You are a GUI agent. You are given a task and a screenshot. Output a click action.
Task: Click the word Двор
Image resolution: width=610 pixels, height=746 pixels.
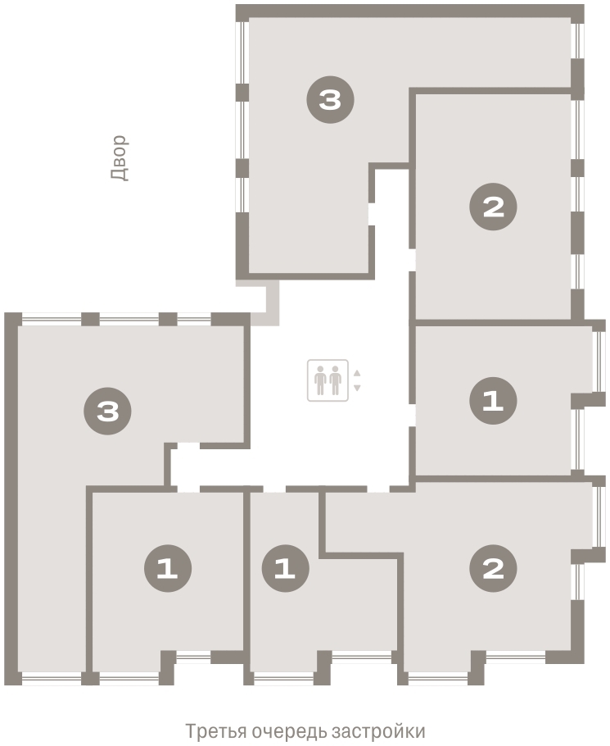119,158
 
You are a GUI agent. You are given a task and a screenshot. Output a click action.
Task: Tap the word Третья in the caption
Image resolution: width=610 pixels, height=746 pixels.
215,730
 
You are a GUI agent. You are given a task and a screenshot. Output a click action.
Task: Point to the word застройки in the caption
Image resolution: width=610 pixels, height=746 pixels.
378,730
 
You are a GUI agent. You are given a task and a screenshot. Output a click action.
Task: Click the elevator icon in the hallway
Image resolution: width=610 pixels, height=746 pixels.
328,380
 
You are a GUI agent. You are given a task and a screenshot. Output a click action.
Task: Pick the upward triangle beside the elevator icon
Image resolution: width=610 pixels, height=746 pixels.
357,373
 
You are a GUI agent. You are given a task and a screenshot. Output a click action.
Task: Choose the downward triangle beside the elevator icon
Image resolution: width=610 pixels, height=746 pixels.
357,389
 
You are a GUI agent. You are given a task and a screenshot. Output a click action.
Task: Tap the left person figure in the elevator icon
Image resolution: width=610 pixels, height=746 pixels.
321,380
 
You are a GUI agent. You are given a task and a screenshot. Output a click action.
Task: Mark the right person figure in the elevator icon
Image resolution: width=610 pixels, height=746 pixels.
336,380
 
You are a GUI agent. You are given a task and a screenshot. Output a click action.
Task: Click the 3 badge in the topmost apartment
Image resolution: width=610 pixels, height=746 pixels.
330,100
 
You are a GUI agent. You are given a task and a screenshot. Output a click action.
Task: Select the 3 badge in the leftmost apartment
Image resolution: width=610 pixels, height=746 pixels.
108,411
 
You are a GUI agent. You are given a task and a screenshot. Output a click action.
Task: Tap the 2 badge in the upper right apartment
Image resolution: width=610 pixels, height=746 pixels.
493,207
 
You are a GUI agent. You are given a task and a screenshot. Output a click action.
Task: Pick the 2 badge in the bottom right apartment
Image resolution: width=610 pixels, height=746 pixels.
493,568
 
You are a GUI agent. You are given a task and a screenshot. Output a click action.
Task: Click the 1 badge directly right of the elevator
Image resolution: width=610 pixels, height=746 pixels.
493,401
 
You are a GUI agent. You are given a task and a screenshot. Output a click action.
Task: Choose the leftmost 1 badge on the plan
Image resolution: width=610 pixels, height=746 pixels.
168,568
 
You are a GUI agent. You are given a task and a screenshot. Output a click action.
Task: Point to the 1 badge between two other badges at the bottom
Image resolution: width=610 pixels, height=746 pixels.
286,568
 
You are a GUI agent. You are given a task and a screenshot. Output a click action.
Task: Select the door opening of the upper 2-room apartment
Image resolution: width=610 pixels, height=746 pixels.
413,260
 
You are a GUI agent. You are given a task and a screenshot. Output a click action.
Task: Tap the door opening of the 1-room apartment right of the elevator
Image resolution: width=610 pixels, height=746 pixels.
413,416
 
